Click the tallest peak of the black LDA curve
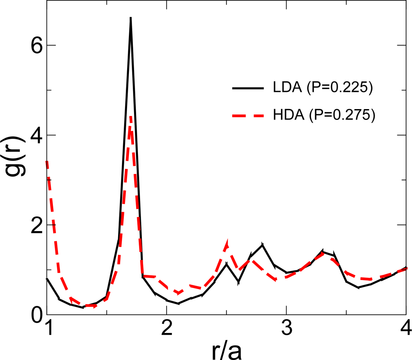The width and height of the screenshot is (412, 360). point(131,18)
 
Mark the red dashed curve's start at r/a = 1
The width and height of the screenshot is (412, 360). point(47,162)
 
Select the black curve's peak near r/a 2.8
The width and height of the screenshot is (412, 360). point(263,244)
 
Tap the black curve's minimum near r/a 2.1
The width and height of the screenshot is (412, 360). point(179,303)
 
